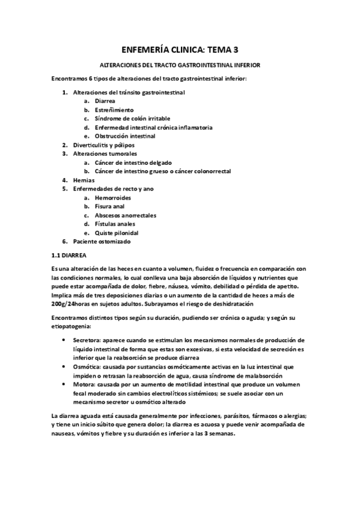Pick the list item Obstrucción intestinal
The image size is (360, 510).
pyautogui.click(x=125, y=137)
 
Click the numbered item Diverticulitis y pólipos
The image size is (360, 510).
pyautogui.click(x=103, y=145)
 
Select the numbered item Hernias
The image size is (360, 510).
pyautogui.click(x=84, y=180)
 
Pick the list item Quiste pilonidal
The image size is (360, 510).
pyautogui.click(x=117, y=232)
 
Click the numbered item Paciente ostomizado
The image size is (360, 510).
pyautogui.click(x=102, y=241)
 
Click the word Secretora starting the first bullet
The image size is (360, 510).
pyautogui.click(x=86, y=340)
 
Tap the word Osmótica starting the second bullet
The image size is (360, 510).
pyautogui.click(x=86, y=366)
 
